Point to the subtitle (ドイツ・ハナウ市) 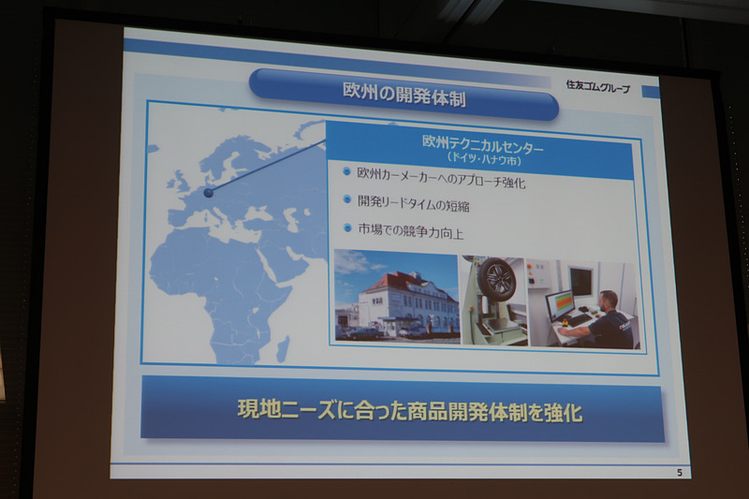click(482, 160)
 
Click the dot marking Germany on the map click(208, 193)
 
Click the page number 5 click(679, 472)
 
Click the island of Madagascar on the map click(283, 348)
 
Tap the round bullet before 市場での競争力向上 click(346, 227)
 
